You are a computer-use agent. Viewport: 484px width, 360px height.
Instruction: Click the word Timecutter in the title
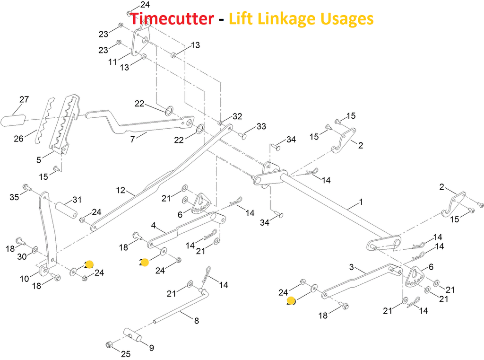point(172,19)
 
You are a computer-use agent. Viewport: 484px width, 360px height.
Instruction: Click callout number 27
point(24,100)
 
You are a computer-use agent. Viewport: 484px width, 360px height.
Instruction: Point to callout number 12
point(121,191)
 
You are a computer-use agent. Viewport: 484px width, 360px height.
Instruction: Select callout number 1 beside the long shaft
point(361,202)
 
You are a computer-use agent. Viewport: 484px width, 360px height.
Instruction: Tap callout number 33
point(261,126)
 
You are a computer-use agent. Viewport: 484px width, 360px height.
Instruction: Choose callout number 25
point(125,353)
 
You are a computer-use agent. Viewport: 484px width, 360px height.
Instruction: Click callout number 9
point(151,348)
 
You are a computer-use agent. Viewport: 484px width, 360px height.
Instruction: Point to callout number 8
point(197,320)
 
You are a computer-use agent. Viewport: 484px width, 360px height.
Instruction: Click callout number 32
point(237,116)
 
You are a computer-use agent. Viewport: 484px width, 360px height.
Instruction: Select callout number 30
point(22,257)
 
